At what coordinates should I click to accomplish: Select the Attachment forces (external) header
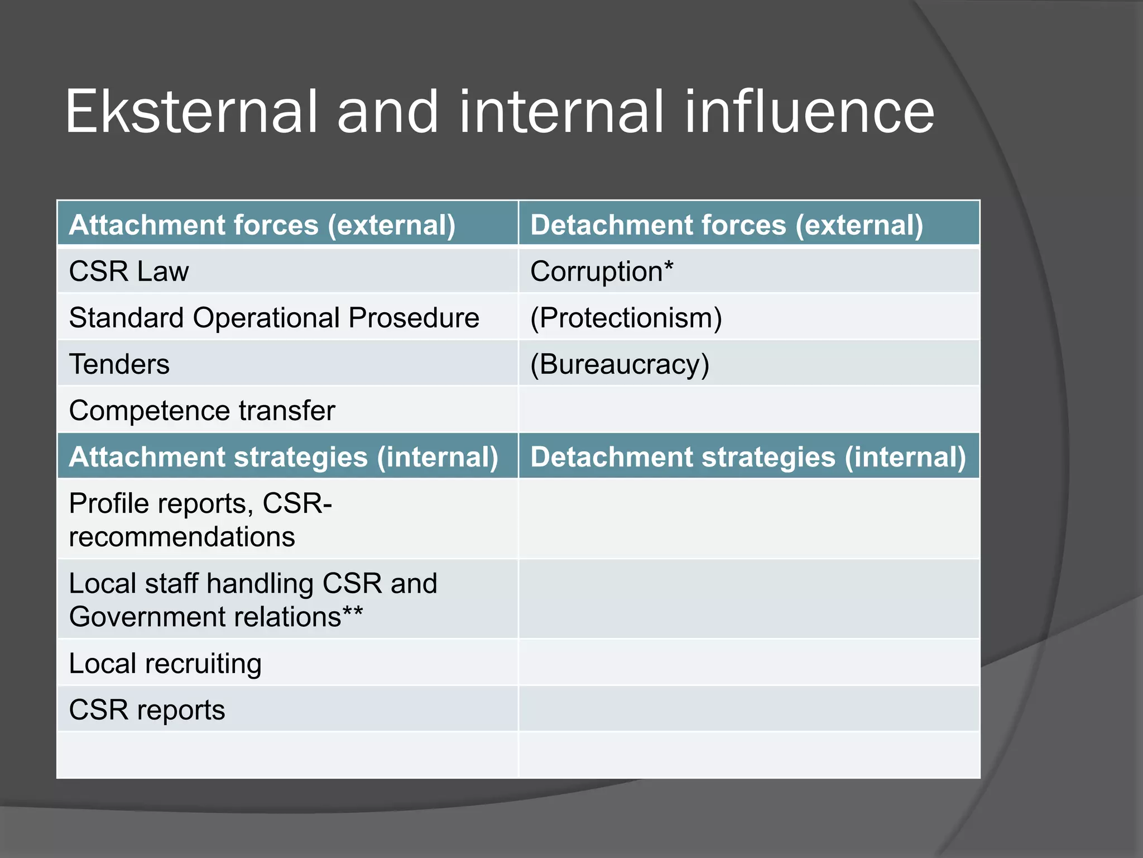coord(262,225)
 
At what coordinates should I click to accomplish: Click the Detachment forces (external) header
coord(727,225)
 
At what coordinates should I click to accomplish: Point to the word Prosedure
coord(414,318)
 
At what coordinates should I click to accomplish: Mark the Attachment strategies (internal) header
coord(284,457)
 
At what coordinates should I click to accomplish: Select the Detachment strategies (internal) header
coord(748,457)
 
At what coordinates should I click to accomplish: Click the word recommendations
coord(182,537)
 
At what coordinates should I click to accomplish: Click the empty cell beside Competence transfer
coord(749,411)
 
